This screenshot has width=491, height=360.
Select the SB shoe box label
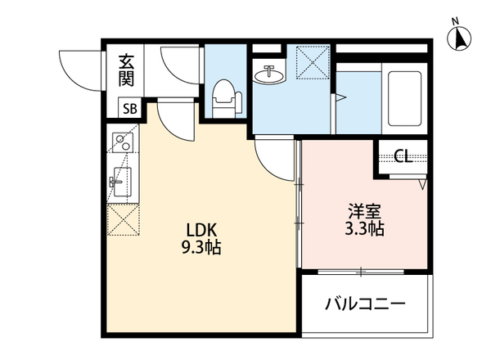click(x=129, y=107)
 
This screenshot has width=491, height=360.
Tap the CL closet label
click(x=402, y=156)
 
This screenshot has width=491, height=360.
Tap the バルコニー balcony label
click(x=365, y=304)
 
